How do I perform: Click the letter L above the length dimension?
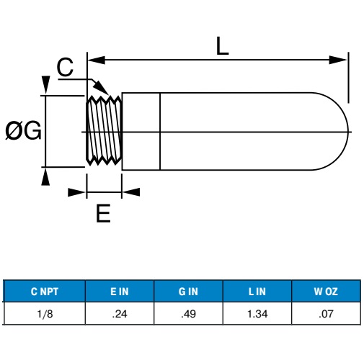pyautogui.click(x=222, y=46)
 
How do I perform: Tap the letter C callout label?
pyautogui.click(x=65, y=67)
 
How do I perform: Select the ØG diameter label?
pyautogui.click(x=23, y=131)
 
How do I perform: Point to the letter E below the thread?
pyautogui.click(x=103, y=213)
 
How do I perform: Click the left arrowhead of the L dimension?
pyautogui.click(x=97, y=60)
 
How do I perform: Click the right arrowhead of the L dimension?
pyautogui.click(x=338, y=60)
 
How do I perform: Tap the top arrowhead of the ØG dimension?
pyautogui.click(x=45, y=84)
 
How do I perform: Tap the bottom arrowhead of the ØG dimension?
pyautogui.click(x=45, y=176)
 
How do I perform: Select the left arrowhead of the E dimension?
pyautogui.click(x=76, y=192)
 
